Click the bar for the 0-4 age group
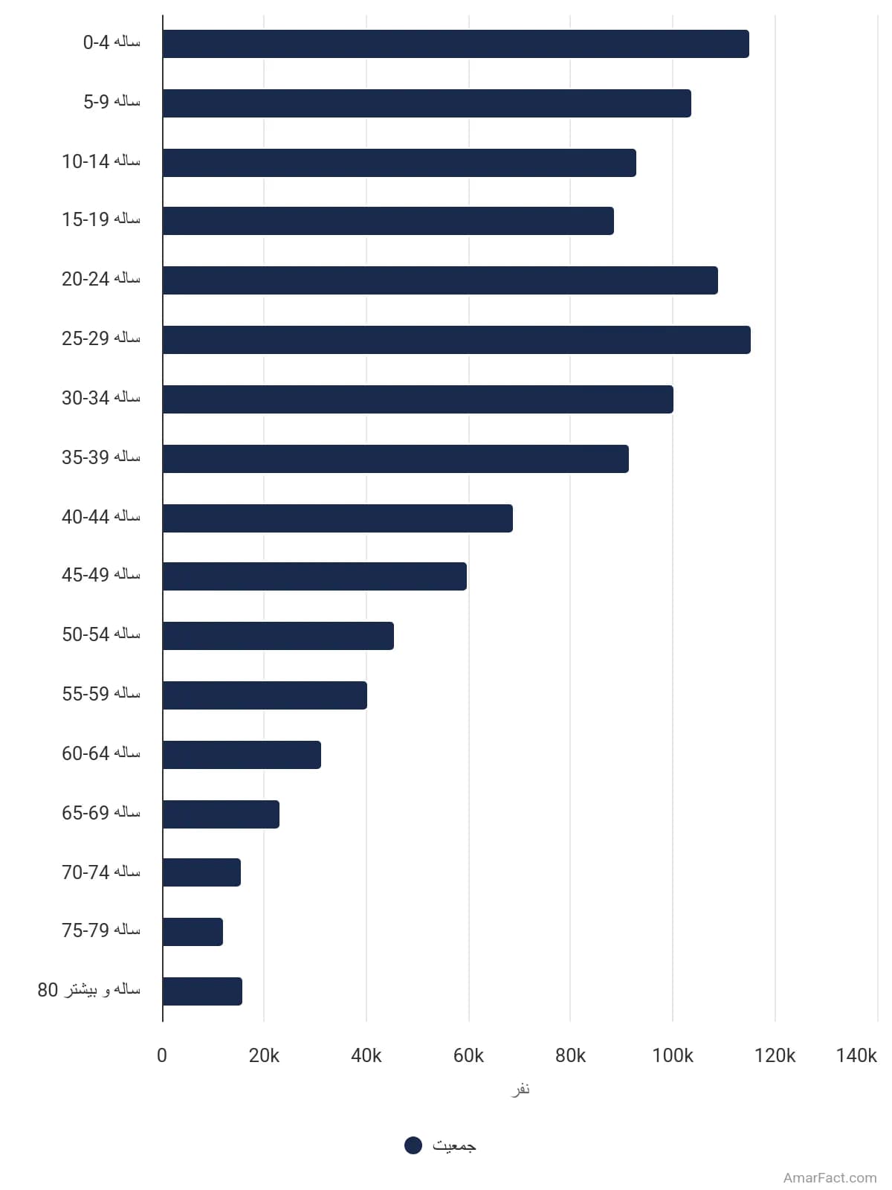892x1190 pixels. pos(456,44)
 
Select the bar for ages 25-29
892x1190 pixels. pos(456,340)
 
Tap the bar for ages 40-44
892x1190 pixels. pos(337,518)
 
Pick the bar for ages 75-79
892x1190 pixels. pos(193,932)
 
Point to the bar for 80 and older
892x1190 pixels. pos(202,991)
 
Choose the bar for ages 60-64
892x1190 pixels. pos(242,755)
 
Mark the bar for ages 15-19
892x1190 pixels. pos(388,221)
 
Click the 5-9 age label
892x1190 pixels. pos(111,101)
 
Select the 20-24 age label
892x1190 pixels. pos(101,279)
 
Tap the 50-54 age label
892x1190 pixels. pos(101,634)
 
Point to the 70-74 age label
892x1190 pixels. pos(101,872)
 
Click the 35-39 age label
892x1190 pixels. pos(101,457)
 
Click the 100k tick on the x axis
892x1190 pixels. pos(673,1055)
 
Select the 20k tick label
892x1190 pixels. pos(264,1055)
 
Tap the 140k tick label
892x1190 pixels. pos(856,1055)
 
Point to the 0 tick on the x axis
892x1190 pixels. pos(162,1055)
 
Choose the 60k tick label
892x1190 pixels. pos(468,1055)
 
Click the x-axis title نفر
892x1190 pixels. pos(520,1089)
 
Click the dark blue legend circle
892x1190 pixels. pos(413,1145)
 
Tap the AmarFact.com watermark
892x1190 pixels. pos(830,1178)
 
